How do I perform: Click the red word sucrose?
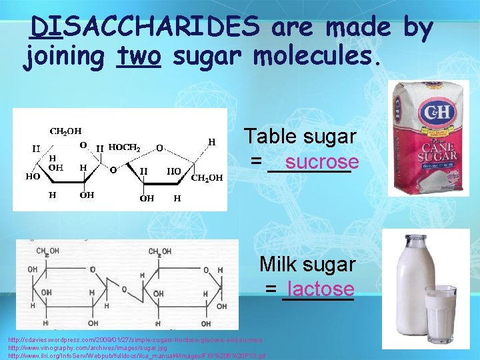(x=321, y=162)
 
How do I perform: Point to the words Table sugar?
(x=300, y=137)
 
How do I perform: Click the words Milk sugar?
(x=307, y=264)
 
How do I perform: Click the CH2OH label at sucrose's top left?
(x=66, y=131)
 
